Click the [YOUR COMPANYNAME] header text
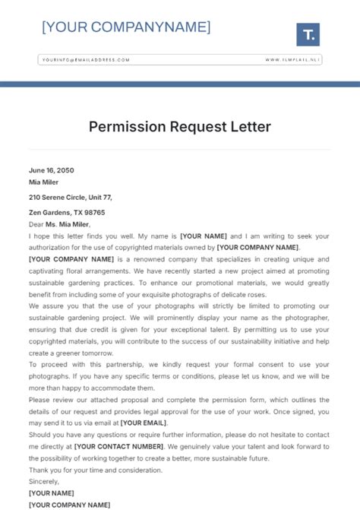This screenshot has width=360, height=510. click(x=126, y=27)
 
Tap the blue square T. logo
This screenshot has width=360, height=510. click(x=308, y=34)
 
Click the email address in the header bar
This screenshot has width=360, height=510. click(x=86, y=59)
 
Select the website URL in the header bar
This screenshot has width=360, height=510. click(x=292, y=59)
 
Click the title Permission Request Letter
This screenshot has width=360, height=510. click(x=179, y=126)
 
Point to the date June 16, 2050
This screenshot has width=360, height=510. click(x=52, y=170)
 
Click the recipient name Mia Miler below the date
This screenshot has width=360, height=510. click(x=43, y=182)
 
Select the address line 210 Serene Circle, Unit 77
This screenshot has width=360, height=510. click(x=71, y=197)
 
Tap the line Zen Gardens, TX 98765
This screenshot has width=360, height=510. click(x=67, y=213)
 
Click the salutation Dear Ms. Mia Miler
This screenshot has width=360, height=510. click(x=59, y=224)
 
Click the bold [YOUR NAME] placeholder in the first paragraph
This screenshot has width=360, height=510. click(x=204, y=236)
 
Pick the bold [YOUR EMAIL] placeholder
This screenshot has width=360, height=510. click(x=144, y=423)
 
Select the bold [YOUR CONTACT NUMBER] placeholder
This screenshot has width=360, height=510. click(x=119, y=446)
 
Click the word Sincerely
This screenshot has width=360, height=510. click(x=44, y=481)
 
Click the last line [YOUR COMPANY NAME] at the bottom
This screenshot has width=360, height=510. click(x=69, y=505)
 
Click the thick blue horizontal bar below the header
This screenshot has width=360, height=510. click(x=180, y=84)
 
